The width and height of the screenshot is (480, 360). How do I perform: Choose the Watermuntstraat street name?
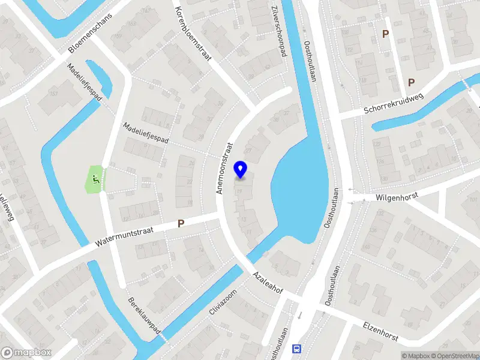(125, 236)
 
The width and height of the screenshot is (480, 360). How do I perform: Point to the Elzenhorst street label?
(380, 331)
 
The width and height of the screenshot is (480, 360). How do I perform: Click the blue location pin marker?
(241, 170)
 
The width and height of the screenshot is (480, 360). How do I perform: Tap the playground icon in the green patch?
(95, 178)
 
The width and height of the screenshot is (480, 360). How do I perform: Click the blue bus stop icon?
(296, 349)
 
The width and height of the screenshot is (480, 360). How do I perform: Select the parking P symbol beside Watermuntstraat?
(181, 223)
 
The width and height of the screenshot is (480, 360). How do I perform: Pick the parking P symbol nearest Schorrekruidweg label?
(412, 83)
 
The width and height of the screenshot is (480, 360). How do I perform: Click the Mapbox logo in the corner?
(26, 353)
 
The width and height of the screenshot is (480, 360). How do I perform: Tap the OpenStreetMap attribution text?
(457, 356)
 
